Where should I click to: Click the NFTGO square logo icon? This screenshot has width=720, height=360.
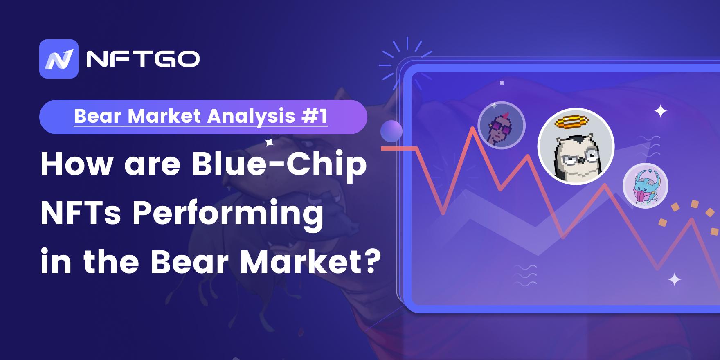[59, 59]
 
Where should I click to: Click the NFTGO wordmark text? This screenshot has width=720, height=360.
[143, 59]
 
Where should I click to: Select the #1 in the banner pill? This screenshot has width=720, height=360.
[314, 116]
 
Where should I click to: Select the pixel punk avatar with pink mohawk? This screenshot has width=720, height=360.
[502, 125]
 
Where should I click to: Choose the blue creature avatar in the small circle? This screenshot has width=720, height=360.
[646, 185]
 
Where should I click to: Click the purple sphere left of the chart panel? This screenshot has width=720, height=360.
[391, 131]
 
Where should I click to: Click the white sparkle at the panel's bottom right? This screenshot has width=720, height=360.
[675, 280]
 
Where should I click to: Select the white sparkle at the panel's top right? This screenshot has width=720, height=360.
[661, 111]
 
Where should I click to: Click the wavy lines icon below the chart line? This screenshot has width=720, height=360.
[525, 275]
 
